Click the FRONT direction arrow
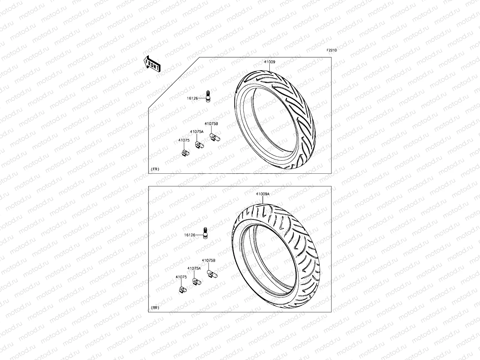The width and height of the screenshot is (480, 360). [x=152, y=64]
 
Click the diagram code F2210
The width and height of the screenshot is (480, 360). [x=332, y=50]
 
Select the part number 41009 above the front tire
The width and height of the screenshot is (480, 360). [x=269, y=62]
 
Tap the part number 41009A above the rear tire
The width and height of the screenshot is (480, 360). [x=262, y=194]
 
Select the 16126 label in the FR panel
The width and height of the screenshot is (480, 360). [x=193, y=98]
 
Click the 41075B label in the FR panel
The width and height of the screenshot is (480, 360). [x=211, y=124]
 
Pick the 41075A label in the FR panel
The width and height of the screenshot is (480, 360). [x=196, y=132]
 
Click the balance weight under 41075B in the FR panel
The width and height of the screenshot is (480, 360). [x=215, y=138]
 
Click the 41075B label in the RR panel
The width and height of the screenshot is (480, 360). [x=208, y=261]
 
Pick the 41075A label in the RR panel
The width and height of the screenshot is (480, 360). [x=194, y=268]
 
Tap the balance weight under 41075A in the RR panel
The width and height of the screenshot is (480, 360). [x=197, y=281]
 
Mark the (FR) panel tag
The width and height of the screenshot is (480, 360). [x=155, y=169]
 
